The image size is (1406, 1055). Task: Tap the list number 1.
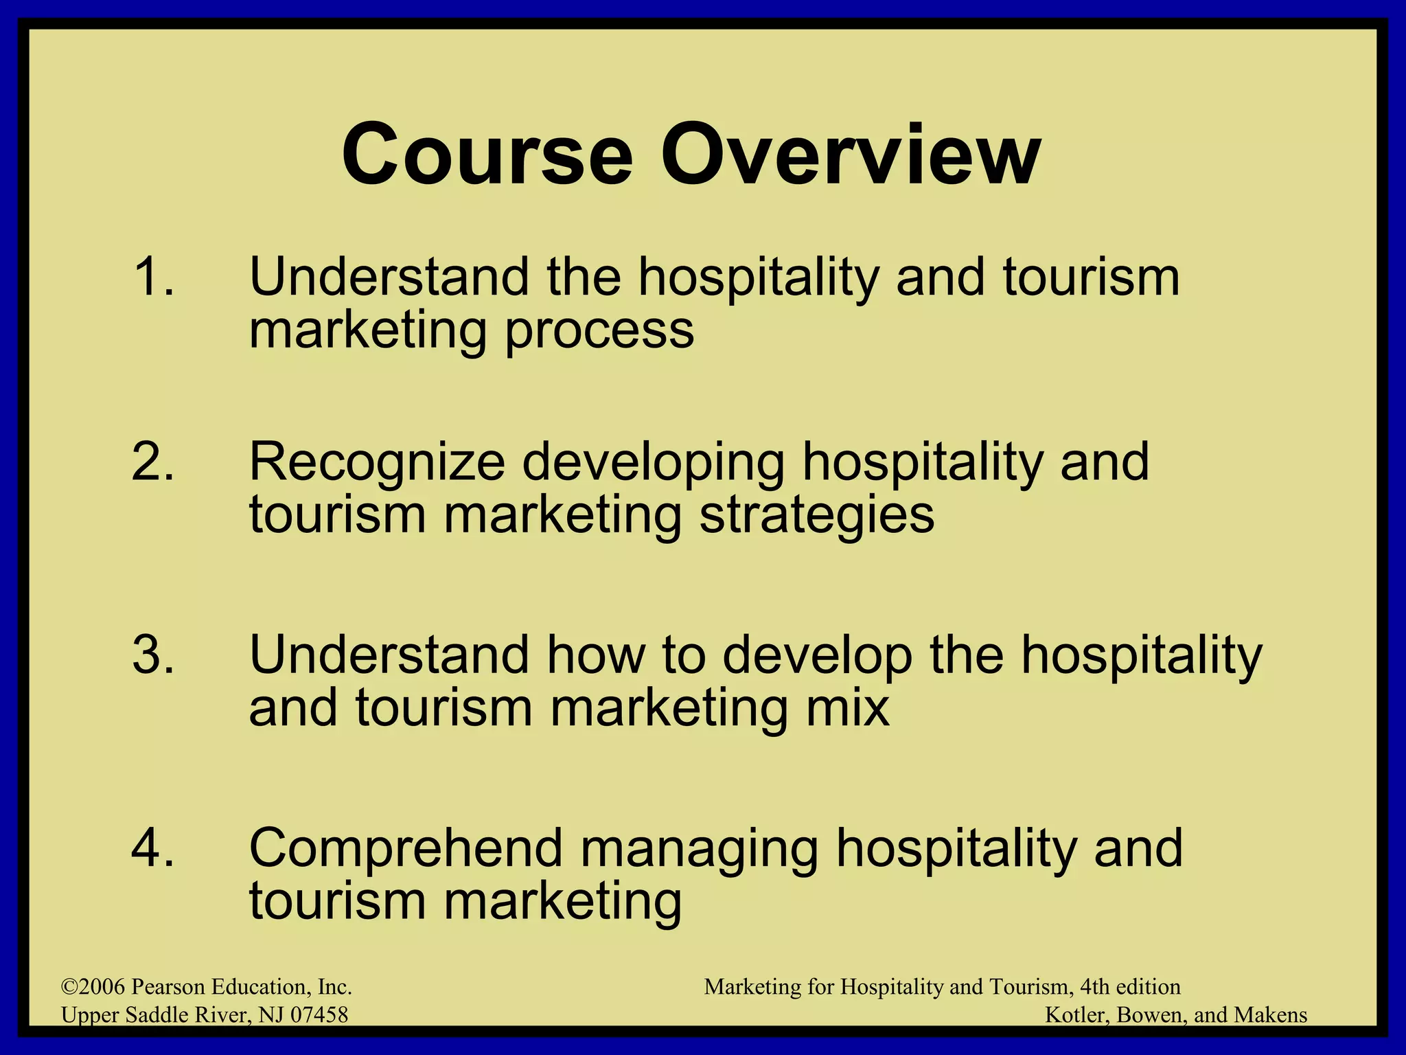point(152,277)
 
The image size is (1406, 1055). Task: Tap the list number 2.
point(152,462)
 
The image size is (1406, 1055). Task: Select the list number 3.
point(152,655)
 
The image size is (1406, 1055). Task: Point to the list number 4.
point(152,848)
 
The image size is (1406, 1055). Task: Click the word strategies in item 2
point(816,517)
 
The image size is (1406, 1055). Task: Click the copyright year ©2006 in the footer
point(93,987)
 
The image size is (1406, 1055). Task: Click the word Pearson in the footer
point(168,987)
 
